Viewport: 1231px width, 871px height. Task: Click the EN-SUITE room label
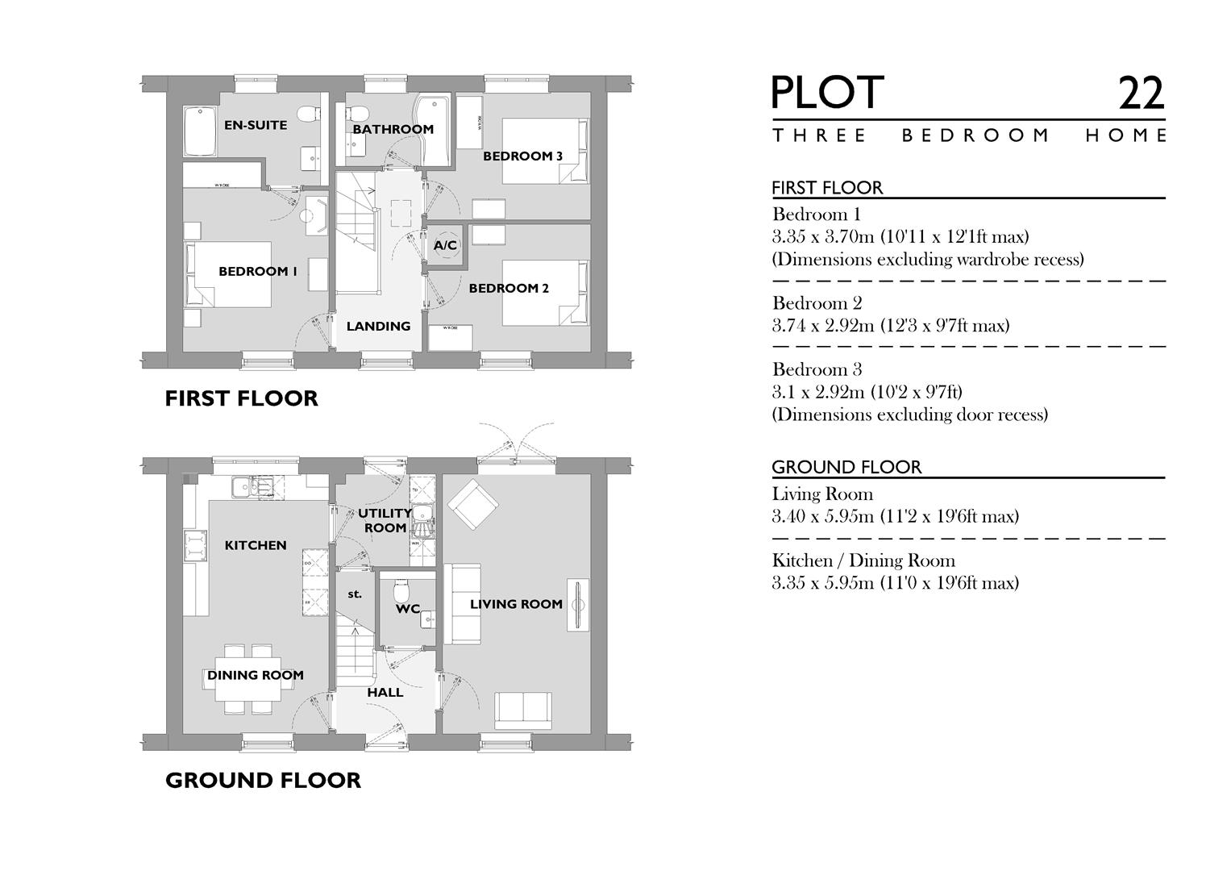click(256, 125)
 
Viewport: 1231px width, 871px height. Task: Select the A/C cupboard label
click(445, 245)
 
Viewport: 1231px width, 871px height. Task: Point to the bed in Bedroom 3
click(545, 151)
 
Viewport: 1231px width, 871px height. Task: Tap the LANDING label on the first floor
click(378, 327)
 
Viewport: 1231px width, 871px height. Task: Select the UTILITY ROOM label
click(385, 520)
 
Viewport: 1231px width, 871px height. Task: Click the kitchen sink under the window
click(252, 486)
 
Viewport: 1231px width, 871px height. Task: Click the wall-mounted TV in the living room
click(578, 604)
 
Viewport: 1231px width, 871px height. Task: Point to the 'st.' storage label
click(355, 594)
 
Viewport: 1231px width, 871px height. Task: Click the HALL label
click(385, 693)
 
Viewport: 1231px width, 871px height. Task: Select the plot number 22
click(1141, 94)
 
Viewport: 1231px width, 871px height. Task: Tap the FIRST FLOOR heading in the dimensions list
click(827, 188)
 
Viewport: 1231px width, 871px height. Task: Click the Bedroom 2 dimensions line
click(890, 326)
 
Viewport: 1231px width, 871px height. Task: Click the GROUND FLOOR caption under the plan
click(263, 780)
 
